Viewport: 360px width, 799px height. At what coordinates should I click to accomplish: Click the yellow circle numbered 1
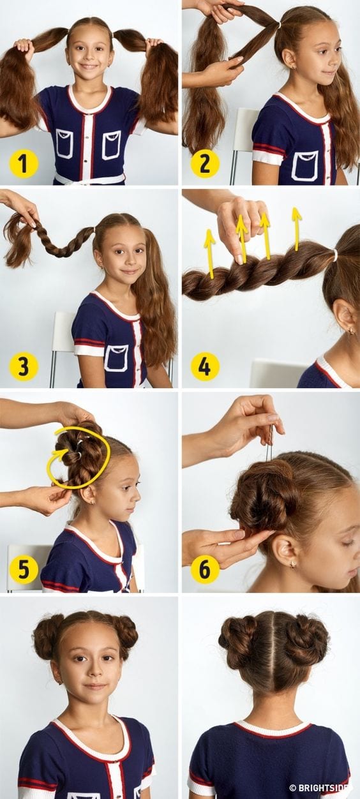pos(24,164)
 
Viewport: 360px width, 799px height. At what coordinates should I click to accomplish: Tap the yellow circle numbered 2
pos(204,164)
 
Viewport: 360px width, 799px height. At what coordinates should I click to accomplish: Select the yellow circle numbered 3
pos(24,366)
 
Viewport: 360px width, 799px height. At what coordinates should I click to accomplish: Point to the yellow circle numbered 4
pos(204,366)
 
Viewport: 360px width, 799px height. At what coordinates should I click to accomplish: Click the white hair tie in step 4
pos(334,255)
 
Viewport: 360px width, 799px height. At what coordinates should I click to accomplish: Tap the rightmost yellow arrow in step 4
pos(296,228)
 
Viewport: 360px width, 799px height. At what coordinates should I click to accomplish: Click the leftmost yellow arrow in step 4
pos(211,253)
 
